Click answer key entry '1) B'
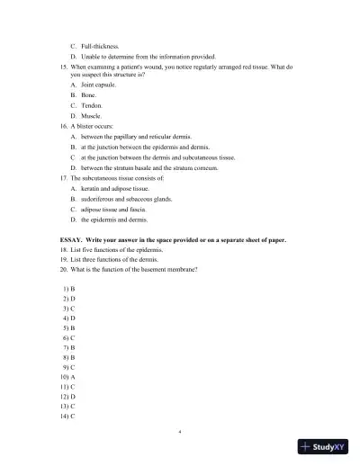pyautogui.click(x=68, y=289)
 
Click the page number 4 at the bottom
pyautogui.click(x=180, y=432)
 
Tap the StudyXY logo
pyautogui.click(x=321, y=447)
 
